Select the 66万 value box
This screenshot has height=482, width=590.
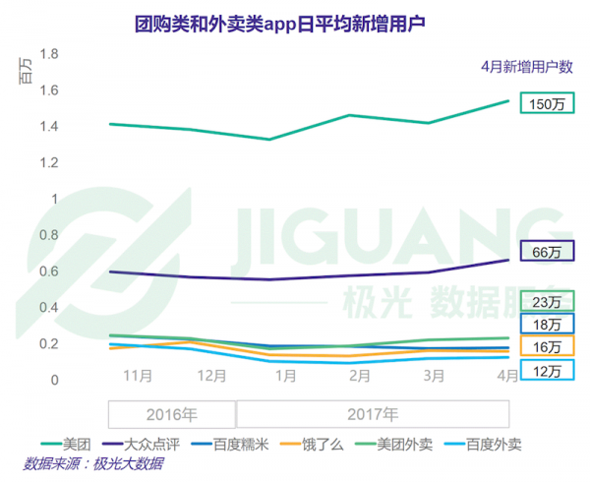(x=546, y=253)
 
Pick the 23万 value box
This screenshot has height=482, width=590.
(x=546, y=301)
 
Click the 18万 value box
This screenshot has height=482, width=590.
(x=546, y=324)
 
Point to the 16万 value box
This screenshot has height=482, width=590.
(x=546, y=347)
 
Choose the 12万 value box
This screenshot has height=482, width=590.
(x=546, y=371)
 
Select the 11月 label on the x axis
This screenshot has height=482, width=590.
(x=138, y=375)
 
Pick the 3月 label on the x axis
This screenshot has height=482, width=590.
(x=434, y=375)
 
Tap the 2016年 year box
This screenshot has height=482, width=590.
(x=172, y=413)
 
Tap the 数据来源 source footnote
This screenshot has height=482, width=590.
(x=93, y=464)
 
